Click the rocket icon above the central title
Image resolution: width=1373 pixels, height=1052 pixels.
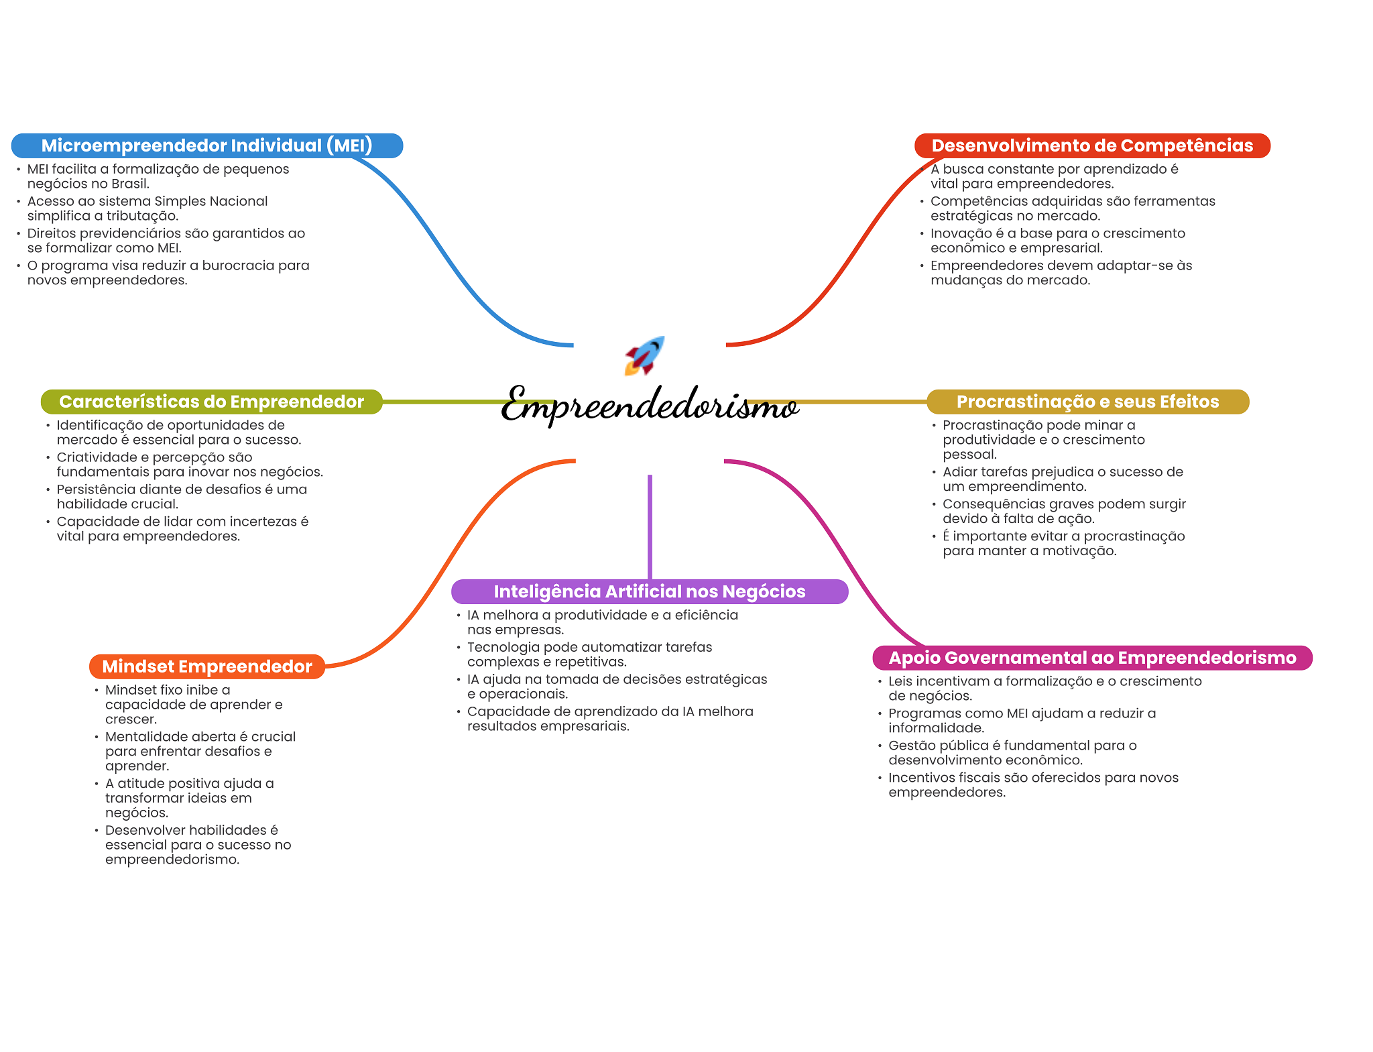(x=644, y=355)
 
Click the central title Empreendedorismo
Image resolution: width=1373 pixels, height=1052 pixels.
(x=649, y=404)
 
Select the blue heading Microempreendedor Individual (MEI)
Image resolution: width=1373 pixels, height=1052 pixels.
(x=206, y=145)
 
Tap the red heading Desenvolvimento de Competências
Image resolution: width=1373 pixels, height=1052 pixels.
(x=1091, y=145)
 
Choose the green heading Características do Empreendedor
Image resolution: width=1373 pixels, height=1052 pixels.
(x=211, y=402)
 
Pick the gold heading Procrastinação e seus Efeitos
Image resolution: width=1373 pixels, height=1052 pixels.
(x=1087, y=402)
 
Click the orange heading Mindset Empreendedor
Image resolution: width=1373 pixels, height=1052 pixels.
(x=206, y=666)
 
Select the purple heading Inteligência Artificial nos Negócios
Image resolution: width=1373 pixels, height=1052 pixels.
(x=649, y=591)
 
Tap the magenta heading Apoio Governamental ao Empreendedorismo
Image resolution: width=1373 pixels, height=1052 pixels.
(x=1091, y=658)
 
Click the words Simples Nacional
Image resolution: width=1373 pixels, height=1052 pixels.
(x=211, y=201)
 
